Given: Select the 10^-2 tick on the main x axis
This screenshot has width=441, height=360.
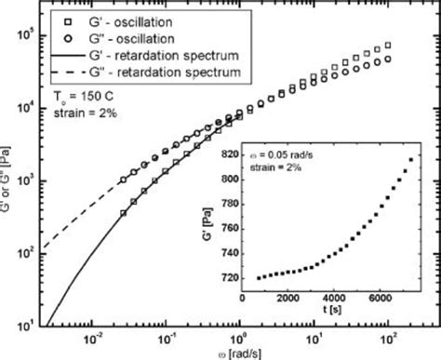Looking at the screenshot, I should tap(92, 337).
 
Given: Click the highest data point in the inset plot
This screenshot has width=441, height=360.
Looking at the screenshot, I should tap(412, 161).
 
